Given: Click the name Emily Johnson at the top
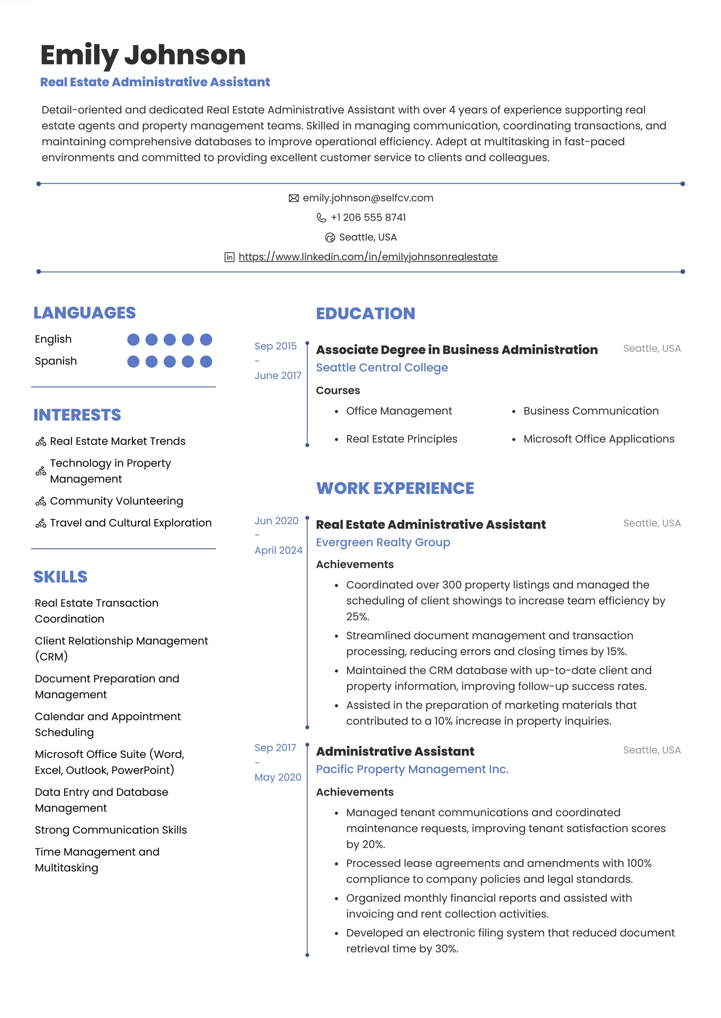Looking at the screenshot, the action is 143,55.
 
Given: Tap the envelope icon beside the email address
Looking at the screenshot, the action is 293,199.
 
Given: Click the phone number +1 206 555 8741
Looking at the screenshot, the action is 368,218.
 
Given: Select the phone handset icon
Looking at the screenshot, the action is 321,218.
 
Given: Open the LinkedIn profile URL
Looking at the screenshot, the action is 368,257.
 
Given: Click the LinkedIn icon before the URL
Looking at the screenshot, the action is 229,257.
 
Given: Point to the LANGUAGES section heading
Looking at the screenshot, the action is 84,313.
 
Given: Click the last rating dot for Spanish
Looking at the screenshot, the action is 206,362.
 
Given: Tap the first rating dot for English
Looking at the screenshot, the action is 134,340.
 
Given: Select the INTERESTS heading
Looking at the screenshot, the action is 77,415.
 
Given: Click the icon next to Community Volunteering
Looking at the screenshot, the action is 41,502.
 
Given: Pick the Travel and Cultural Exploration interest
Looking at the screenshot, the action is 130,523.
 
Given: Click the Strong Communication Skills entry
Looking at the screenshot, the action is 111,830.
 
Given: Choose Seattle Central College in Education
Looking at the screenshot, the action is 382,368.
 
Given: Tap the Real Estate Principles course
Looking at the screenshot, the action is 402,439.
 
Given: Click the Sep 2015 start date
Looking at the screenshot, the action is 276,346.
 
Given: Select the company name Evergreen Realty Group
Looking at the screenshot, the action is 383,542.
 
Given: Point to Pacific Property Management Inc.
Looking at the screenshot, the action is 412,769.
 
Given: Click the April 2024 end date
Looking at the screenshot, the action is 278,550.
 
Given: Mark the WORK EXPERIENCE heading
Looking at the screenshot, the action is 395,488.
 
